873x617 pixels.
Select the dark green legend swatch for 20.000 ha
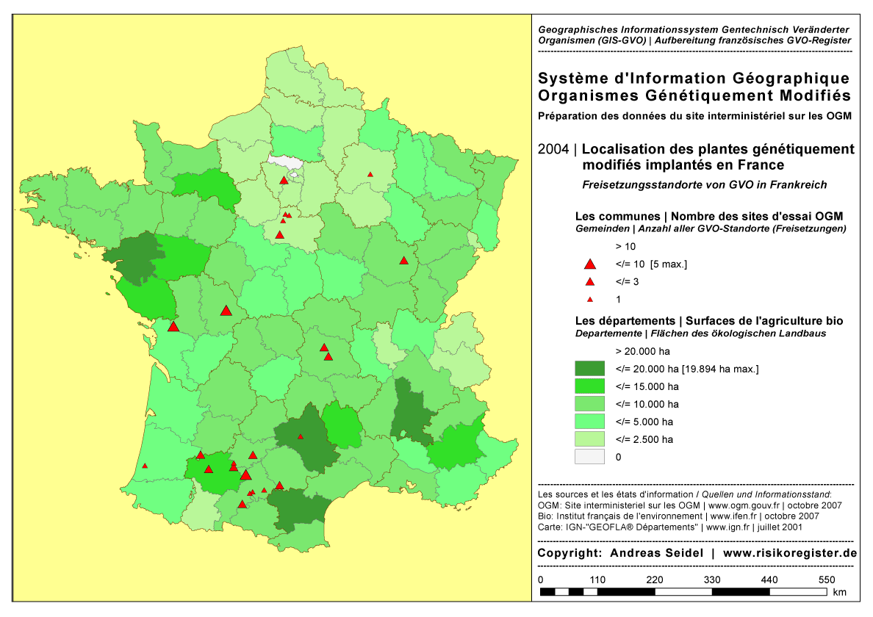[589, 368]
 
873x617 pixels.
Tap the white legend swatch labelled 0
[589, 457]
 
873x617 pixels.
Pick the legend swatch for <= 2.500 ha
[589, 439]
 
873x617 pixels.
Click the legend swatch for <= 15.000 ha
[589, 386]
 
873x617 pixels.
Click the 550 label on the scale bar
[827, 580]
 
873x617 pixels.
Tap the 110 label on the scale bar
[597, 580]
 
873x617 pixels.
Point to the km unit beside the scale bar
[840, 592]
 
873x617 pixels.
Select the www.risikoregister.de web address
[790, 553]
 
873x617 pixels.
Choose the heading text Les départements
[624, 321]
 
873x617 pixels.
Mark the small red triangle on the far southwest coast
[145, 466]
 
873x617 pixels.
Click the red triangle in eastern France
[403, 261]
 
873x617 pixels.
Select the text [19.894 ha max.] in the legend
[720, 368]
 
